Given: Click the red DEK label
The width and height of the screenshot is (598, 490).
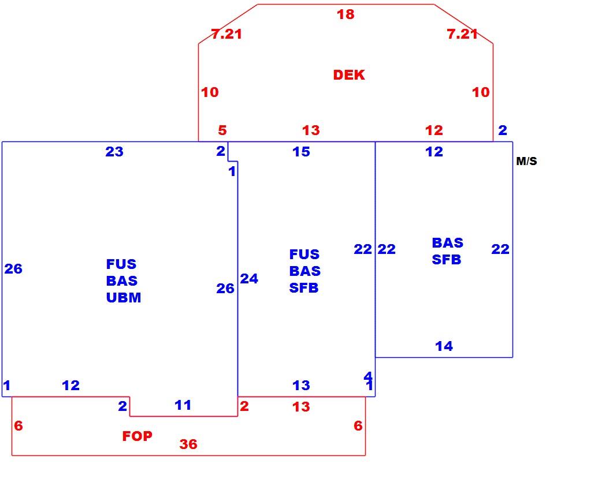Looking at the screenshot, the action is click(349, 74).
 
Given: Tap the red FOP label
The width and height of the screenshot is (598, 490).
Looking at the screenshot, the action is click(138, 436).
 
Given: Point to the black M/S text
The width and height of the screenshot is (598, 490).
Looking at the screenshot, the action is click(527, 161).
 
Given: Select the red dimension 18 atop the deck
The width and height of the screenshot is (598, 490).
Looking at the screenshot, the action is click(346, 14).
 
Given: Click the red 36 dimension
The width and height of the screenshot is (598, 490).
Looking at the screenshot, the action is click(188, 444).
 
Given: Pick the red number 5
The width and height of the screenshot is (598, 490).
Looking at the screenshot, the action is click(222, 130).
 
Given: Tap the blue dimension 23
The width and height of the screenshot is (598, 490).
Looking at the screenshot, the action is click(114, 152).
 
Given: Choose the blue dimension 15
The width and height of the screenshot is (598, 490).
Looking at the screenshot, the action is click(301, 152).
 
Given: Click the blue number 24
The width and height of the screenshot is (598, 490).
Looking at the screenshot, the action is click(249, 279).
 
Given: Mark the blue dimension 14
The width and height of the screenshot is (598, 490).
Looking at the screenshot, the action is click(444, 346).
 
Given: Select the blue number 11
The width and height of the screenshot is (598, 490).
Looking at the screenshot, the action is click(183, 405).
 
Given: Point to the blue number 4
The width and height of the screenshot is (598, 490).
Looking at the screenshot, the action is click(368, 376).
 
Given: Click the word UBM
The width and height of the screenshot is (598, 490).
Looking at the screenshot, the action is click(124, 297).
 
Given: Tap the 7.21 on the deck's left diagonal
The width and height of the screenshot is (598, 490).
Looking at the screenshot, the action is click(226, 34).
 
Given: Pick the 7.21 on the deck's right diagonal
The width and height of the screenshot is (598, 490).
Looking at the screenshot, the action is click(462, 34).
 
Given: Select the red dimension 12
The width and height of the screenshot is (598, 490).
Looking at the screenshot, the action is click(434, 130).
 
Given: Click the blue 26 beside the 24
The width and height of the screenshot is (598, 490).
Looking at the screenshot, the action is click(225, 289).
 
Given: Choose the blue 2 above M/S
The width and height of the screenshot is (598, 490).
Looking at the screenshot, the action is click(503, 130).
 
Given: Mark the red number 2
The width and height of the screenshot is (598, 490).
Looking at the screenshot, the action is click(244, 406).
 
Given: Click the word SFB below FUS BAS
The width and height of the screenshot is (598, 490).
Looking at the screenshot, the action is click(304, 287).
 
